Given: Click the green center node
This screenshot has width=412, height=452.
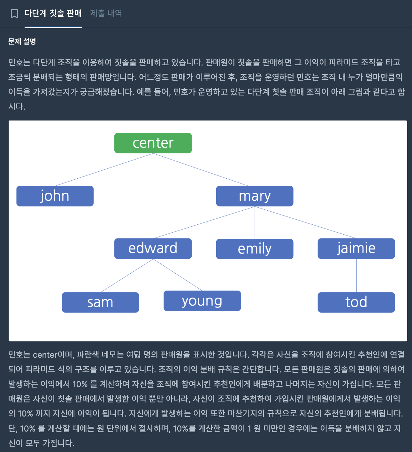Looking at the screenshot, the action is point(153,143).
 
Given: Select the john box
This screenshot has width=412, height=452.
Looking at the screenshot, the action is point(55,196).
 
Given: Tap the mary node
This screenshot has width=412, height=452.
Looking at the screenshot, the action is point(255,196).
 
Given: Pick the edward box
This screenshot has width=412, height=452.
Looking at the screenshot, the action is point(153,248).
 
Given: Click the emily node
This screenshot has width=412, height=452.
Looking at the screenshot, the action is point(255,249).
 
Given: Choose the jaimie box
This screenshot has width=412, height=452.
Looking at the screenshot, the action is point(356,248).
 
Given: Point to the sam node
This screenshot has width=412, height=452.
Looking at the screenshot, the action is point(100,302).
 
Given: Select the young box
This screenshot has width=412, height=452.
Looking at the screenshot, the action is point(202,301).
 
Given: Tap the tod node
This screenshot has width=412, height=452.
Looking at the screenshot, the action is point(356,302).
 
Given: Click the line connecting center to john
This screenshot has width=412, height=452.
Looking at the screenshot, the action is point(104,169).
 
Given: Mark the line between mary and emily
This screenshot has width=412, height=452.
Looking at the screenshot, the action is point(255,222).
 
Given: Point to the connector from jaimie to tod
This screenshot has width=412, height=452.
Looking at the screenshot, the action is point(356,276).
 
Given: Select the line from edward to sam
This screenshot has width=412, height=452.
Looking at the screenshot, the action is point(127,276).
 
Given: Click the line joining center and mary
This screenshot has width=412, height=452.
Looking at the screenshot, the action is point(201,169).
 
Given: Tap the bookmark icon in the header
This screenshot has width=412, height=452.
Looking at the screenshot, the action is point(14,13).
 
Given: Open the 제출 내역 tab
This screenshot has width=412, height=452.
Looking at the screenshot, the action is point(106,13).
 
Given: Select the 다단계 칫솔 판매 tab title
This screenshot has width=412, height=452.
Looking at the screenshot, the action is point(53,13).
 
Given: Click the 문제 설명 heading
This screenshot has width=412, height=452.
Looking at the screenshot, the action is point(22,41).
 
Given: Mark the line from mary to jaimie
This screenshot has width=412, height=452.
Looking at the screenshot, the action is point(305,222).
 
